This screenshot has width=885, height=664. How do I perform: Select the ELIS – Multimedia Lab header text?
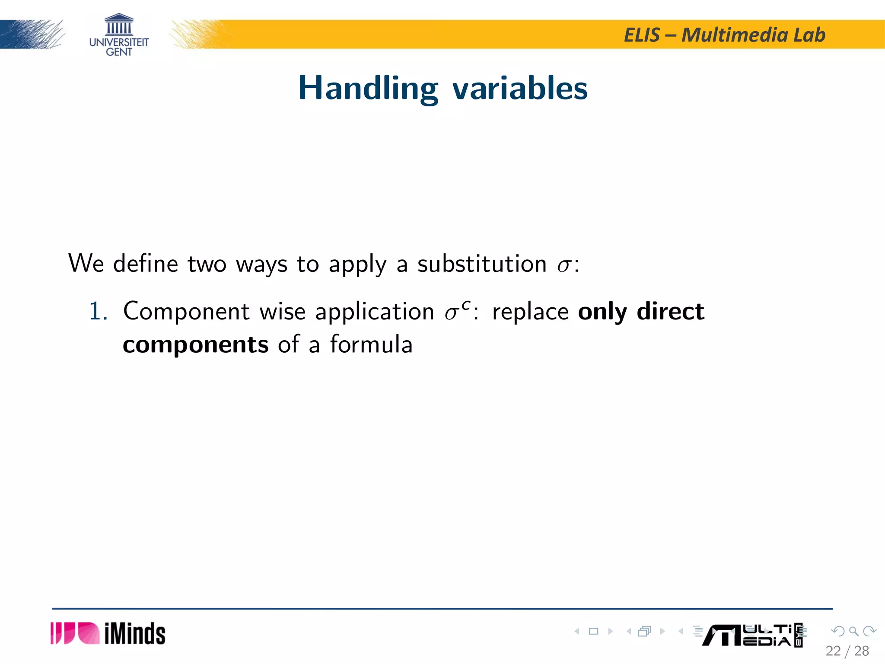[x=724, y=35]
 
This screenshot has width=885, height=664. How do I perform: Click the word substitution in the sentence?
[x=482, y=264]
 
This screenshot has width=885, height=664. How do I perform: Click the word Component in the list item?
[x=186, y=311]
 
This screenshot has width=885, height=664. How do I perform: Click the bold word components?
[x=195, y=345]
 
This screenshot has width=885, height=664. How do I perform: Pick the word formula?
[x=371, y=345]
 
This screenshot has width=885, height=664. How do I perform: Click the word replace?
[x=530, y=311]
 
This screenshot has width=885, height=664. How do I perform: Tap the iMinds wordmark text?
[x=135, y=634]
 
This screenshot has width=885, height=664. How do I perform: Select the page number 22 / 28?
[x=847, y=651]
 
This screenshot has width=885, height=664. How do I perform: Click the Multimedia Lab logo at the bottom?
[x=752, y=635]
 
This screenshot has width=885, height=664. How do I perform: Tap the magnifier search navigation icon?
[x=853, y=631]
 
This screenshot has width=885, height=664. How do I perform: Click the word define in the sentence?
[x=145, y=264]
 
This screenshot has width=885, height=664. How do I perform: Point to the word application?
[x=374, y=311]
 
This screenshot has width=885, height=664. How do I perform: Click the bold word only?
[x=602, y=311]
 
